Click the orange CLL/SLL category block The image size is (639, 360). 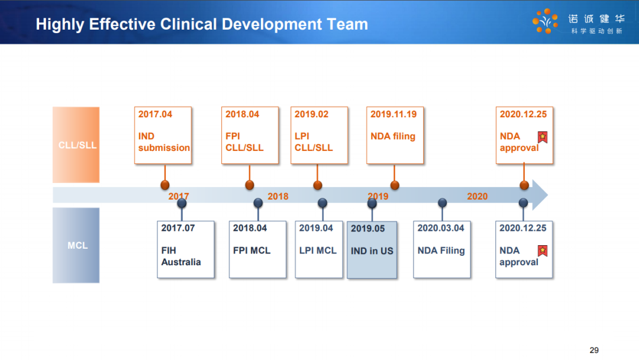click(76, 144)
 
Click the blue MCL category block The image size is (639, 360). click(76, 245)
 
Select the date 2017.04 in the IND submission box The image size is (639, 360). click(155, 114)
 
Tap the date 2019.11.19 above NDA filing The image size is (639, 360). click(393, 114)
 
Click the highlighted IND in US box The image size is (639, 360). click(372, 250)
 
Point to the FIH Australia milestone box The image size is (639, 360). click(185, 249)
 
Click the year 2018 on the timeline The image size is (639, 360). click(278, 197)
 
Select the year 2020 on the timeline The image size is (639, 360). click(477, 197)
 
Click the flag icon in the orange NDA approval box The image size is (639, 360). click(543, 137)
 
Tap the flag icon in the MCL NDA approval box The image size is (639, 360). click(543, 250)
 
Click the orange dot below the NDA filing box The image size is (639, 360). click(395, 185)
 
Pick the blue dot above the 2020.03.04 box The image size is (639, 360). click(442, 202)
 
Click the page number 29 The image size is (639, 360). click(594, 350)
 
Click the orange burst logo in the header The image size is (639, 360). click(546, 21)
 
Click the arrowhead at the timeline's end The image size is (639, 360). click(548, 195)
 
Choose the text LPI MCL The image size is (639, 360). click(318, 250)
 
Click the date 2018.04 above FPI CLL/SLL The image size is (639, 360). click(242, 114)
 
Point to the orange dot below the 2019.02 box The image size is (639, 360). click(318, 185)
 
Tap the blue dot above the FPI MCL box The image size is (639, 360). click(258, 202)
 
